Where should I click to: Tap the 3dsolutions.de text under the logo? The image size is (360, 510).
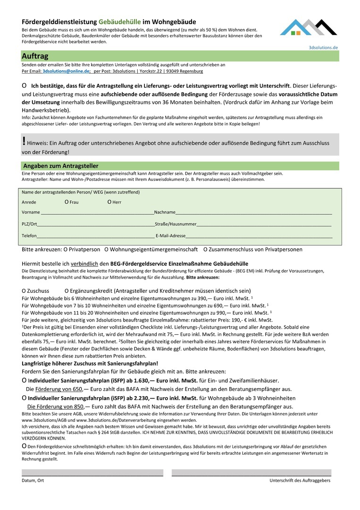323,48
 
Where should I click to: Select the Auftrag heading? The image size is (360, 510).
35,56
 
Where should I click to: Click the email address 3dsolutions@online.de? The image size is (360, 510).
66,71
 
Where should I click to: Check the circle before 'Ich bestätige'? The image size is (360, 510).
24,86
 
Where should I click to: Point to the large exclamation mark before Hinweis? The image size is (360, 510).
24,141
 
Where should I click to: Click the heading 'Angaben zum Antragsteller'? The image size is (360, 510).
61,166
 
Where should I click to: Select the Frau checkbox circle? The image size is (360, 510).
67,202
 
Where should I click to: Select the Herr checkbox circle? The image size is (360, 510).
109,202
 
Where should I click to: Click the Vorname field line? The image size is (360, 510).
97,214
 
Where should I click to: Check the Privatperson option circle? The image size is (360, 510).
66,249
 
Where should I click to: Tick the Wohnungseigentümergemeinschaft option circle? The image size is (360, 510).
107,249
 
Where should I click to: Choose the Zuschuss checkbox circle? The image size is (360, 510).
24,291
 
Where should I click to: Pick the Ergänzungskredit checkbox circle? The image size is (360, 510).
67,291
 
